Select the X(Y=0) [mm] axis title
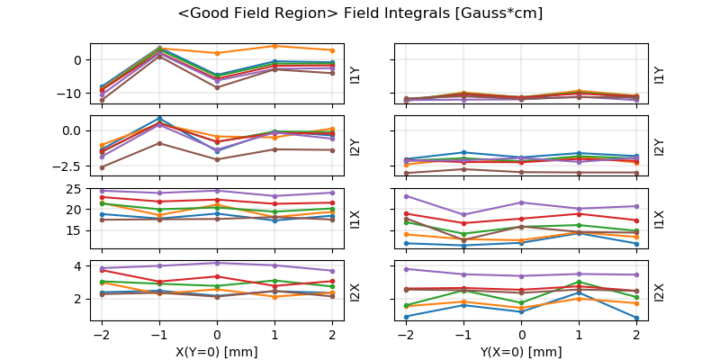[x=217, y=352]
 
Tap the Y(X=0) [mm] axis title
[x=522, y=352]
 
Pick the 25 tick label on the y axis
[x=76, y=189]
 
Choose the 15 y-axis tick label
[x=76, y=230]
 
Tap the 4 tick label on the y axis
[x=79, y=266]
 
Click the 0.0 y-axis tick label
[x=70, y=130]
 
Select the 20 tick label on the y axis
[x=76, y=210]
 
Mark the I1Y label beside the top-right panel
[x=659, y=74]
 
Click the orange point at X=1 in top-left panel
[x=274, y=46]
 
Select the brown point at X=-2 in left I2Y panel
[x=102, y=167]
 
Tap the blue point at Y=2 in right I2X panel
[x=636, y=318]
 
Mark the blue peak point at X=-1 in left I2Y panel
[x=159, y=118]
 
